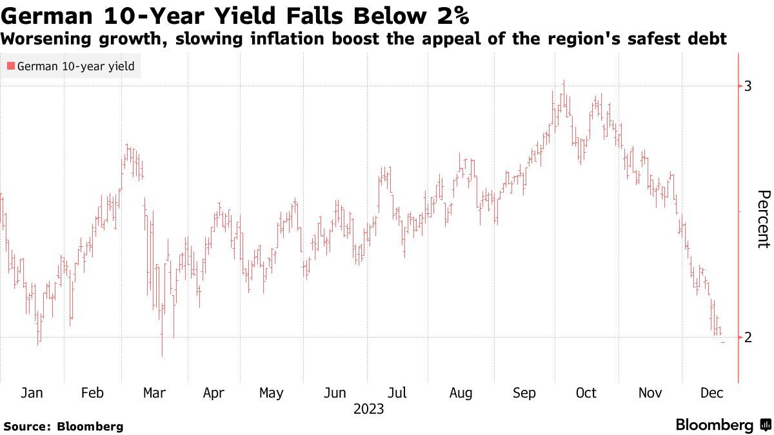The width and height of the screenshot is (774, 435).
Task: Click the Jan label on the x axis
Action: [32, 393]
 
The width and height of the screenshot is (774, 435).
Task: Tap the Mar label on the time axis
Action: [154, 393]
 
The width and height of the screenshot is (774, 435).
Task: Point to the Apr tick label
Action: [213, 393]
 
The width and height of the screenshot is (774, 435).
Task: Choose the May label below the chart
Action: [271, 393]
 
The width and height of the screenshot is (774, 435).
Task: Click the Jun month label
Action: [335, 393]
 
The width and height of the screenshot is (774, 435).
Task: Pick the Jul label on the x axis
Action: [397, 393]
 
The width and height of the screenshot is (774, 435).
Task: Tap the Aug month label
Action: [461, 393]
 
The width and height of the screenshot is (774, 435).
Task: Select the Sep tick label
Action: [524, 393]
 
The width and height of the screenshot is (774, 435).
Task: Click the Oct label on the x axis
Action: [586, 393]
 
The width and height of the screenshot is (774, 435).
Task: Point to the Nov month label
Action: [649, 393]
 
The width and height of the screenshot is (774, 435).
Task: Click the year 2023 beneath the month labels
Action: [368, 409]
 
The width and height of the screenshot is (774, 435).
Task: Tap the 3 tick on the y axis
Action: [748, 86]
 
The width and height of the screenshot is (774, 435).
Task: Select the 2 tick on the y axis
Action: [748, 338]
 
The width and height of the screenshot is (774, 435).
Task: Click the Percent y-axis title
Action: [763, 219]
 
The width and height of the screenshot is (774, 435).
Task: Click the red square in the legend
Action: [10, 66]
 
